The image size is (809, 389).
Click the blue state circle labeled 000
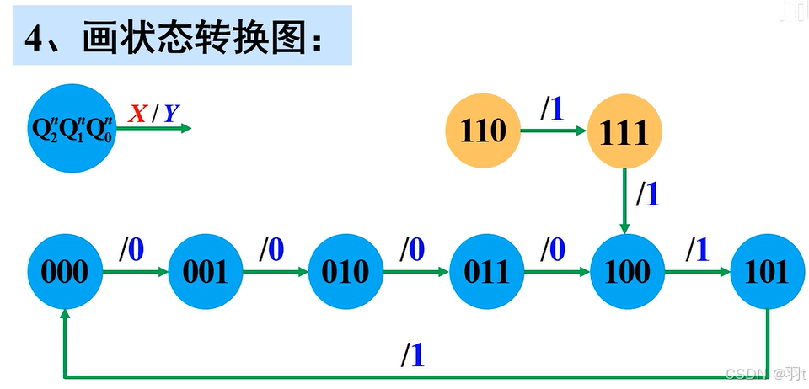(x=66, y=272)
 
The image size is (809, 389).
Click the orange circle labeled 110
(x=483, y=131)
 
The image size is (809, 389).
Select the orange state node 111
(x=624, y=132)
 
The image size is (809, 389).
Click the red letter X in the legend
(x=137, y=113)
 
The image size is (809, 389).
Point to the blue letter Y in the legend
(x=170, y=113)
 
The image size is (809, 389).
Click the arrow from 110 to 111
(x=553, y=131)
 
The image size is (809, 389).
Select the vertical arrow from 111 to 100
(x=624, y=200)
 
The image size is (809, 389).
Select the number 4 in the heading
(x=35, y=38)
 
